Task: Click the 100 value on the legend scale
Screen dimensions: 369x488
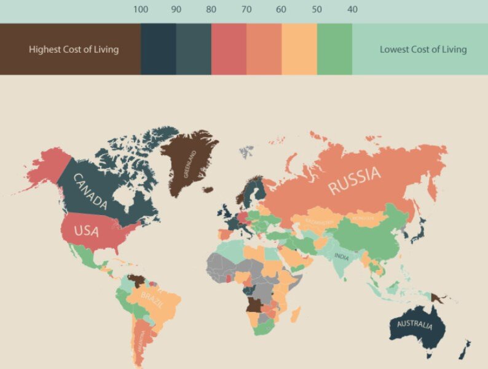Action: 141,9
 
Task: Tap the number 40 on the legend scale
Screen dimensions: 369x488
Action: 352,9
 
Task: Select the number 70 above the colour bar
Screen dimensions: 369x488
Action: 246,9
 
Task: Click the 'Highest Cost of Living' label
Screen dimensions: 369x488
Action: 74,49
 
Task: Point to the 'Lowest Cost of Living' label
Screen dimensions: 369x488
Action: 423,49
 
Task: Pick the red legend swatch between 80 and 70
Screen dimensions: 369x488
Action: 229,49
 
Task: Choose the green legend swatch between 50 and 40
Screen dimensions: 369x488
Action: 334,49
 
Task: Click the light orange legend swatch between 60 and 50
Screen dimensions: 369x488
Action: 299,49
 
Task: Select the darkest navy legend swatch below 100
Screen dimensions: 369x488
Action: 158,49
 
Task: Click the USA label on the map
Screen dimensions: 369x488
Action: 87,231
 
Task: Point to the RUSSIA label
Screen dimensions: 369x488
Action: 355,180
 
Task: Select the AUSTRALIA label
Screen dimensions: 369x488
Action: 415,325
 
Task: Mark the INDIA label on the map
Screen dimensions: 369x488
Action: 342,257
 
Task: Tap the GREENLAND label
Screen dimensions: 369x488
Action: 190,164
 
